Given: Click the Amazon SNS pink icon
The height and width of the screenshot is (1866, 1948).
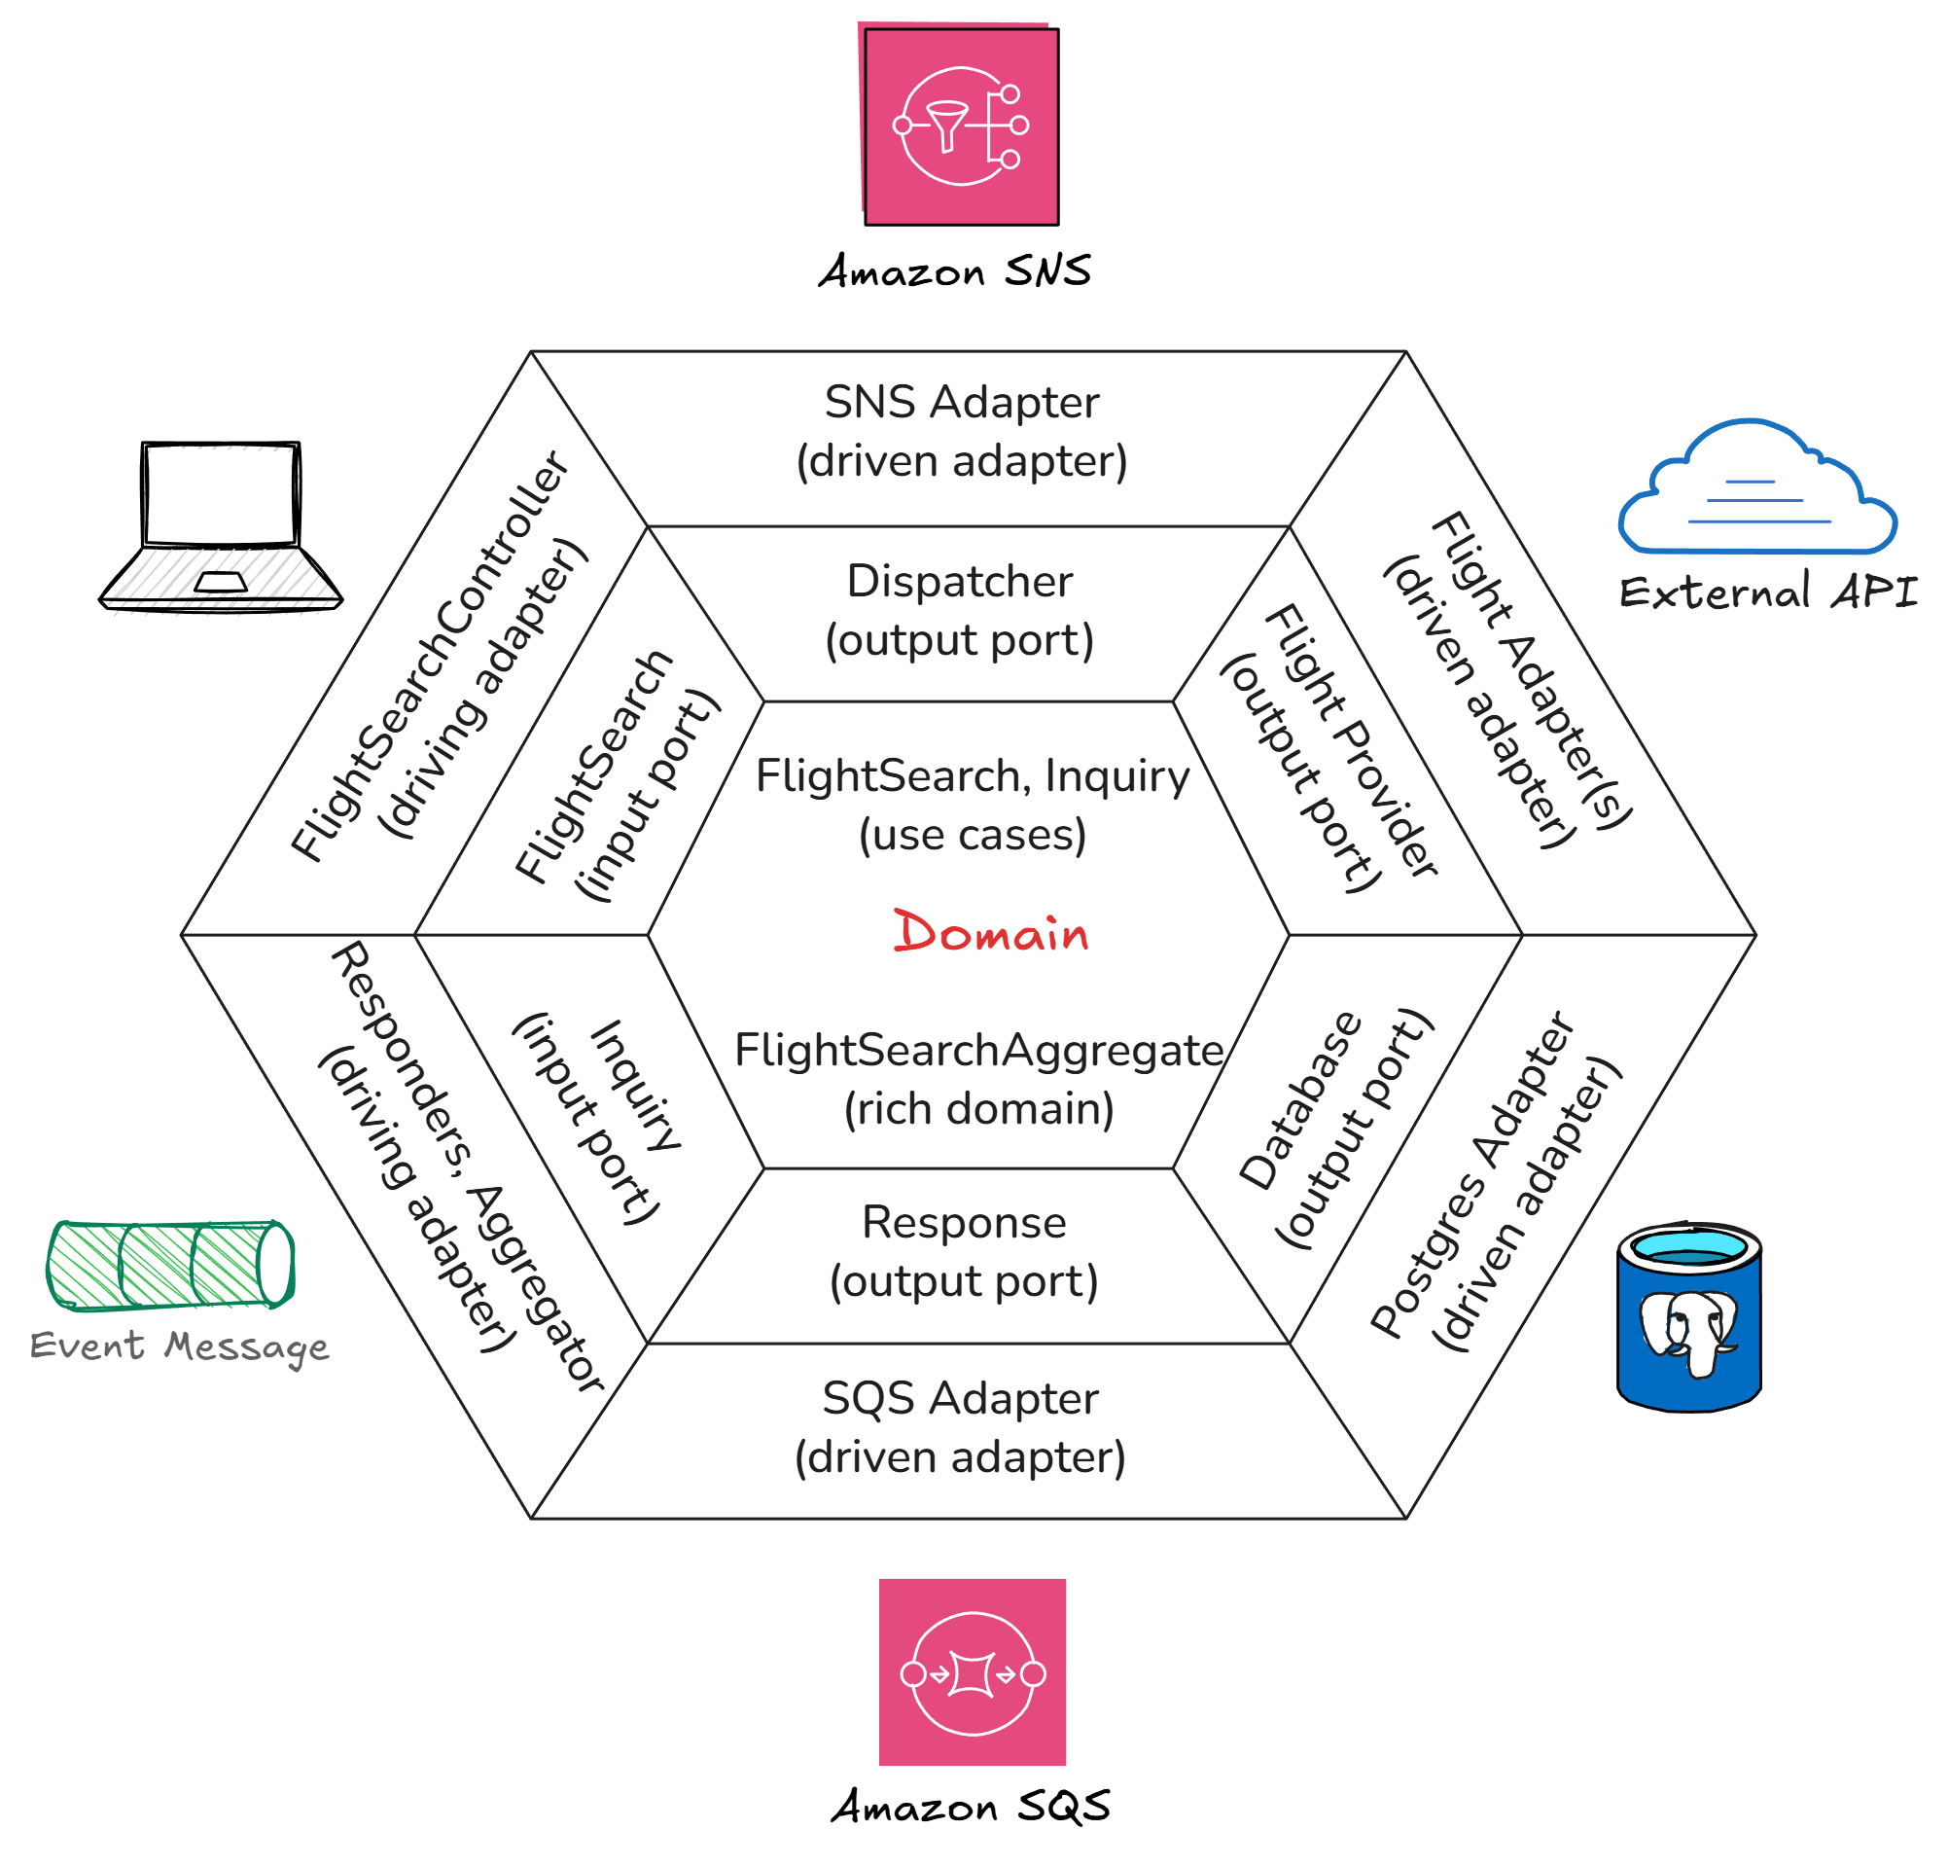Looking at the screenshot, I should click(x=960, y=126).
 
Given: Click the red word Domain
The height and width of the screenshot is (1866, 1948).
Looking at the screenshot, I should click(x=990, y=932).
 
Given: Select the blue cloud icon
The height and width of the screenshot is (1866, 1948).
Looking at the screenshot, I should click(x=1756, y=488).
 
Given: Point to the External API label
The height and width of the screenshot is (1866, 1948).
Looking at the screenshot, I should click(x=1767, y=592).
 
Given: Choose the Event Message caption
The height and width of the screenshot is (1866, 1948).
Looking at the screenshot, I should click(x=179, y=1346).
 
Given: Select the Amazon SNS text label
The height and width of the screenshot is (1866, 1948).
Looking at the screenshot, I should click(x=954, y=271).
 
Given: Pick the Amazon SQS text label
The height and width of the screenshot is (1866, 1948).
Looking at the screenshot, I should click(x=970, y=1806).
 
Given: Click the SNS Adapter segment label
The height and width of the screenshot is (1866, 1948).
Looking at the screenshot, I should click(x=961, y=431).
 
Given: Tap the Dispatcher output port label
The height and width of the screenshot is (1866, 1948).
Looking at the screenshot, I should click(x=959, y=609).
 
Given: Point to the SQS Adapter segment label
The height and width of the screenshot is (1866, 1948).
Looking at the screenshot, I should click(x=960, y=1426).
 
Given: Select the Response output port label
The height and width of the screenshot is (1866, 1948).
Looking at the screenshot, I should click(x=963, y=1250).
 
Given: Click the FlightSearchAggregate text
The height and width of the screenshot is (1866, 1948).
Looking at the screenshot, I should click(x=978, y=1050).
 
